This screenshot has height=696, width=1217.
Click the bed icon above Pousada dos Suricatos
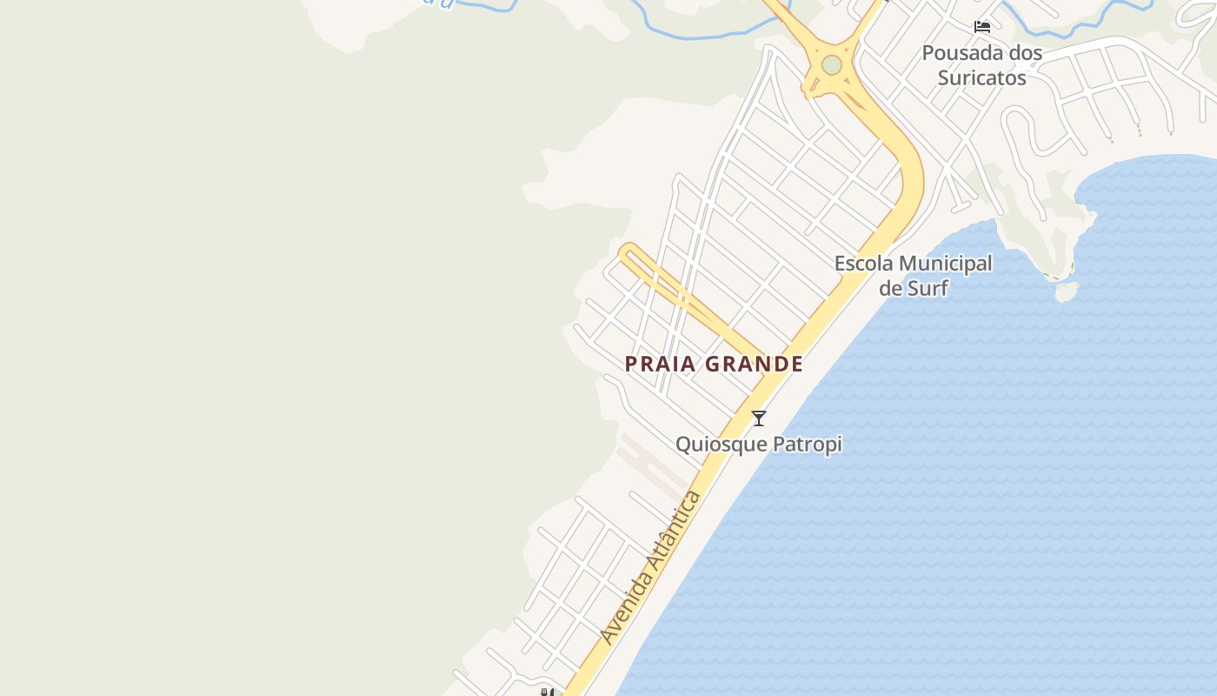(982, 27)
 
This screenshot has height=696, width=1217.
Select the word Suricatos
(981, 78)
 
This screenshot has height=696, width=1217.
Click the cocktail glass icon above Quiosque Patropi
(759, 418)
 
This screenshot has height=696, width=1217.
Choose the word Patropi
(810, 445)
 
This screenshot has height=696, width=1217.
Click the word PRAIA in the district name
(661, 365)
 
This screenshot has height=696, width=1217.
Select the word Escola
(864, 264)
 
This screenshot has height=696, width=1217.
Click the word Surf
(927, 288)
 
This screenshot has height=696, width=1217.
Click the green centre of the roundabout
(832, 64)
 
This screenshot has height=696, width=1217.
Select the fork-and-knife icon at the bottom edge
(547, 693)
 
